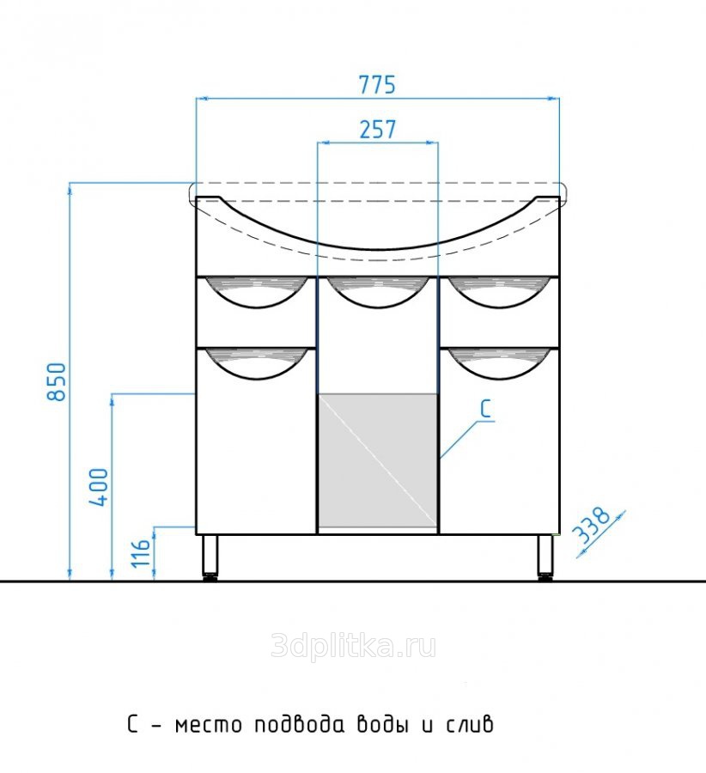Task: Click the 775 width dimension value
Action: [x=377, y=85]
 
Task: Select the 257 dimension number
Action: [x=378, y=130]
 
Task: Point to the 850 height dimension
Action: [x=58, y=381]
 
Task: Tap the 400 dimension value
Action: [x=99, y=487]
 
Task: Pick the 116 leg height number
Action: [x=141, y=552]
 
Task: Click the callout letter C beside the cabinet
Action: [x=485, y=409]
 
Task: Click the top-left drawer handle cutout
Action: [x=256, y=292]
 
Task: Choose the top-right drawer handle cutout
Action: [x=498, y=292]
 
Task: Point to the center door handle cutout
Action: [x=378, y=292]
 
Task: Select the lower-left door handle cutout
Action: [x=256, y=364]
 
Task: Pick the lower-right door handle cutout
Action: [x=498, y=364]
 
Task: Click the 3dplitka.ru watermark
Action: [x=354, y=646]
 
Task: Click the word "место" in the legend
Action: [x=209, y=725]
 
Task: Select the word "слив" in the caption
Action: [x=469, y=724]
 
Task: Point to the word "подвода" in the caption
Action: [x=299, y=724]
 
